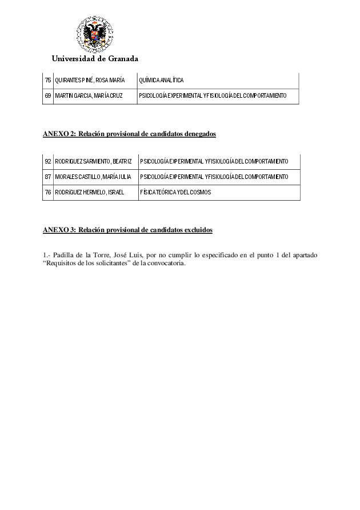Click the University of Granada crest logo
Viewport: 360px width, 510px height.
point(95,34)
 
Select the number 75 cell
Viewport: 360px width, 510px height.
point(48,80)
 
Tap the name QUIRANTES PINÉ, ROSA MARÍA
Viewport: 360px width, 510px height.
point(90,80)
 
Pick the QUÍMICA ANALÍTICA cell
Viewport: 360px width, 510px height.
point(162,80)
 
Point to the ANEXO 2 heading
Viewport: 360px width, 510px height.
point(60,134)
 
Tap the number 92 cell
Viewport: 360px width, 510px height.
point(48,161)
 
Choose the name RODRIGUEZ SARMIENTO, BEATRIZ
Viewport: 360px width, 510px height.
point(93,161)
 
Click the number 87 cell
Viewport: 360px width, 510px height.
point(48,177)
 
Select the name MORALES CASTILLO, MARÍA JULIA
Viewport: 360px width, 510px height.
point(93,177)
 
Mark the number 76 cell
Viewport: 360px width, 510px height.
point(48,192)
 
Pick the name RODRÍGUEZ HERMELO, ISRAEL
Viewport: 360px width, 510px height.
point(89,192)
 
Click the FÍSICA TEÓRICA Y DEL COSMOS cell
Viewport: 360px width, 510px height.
point(175,192)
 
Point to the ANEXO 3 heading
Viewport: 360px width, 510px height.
point(60,230)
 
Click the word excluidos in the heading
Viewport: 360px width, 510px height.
point(198,230)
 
